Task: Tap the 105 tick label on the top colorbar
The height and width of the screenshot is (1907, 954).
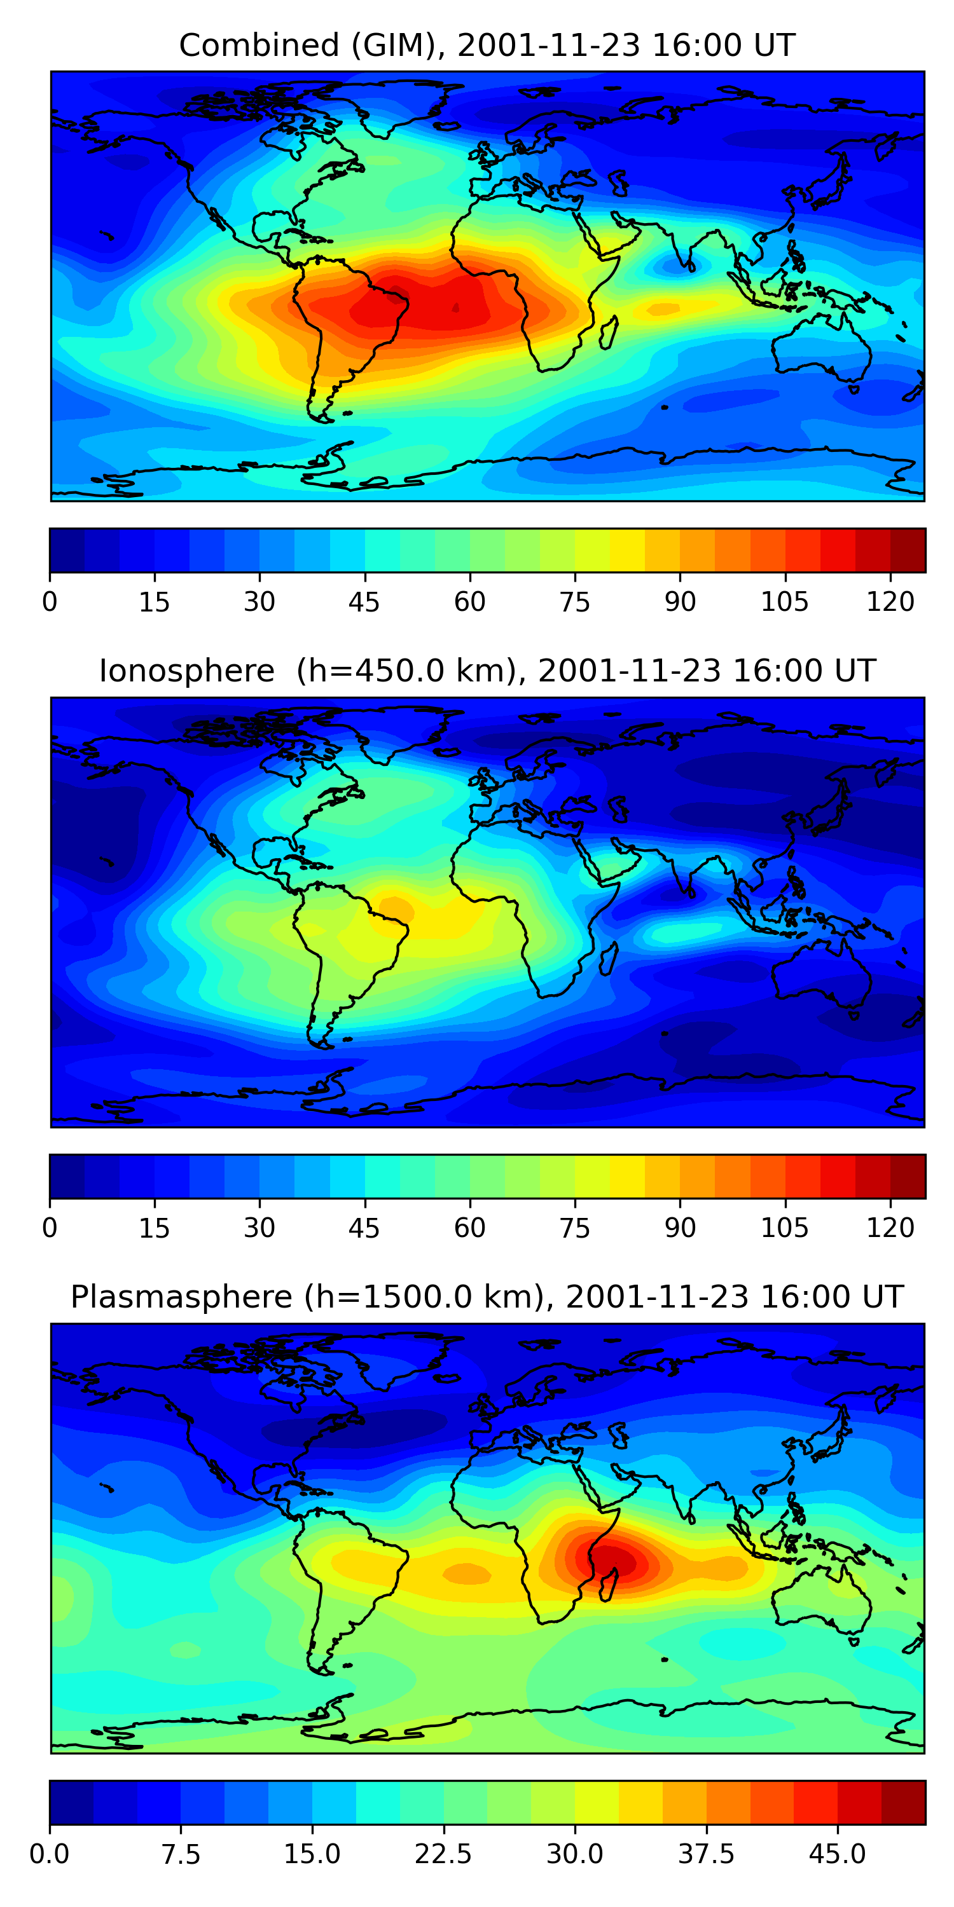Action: click(784, 602)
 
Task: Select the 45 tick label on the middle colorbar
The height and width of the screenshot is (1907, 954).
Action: click(364, 1227)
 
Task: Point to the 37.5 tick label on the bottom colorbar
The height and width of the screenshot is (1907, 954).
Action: click(706, 1854)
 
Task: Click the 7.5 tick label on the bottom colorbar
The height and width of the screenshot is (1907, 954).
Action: click(181, 1854)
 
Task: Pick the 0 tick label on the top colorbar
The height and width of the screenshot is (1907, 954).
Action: click(50, 602)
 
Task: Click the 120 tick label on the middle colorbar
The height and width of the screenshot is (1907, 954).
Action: click(890, 1227)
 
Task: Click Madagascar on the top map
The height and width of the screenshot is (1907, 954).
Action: click(609, 333)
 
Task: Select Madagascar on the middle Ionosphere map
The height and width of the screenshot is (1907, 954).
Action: click(609, 959)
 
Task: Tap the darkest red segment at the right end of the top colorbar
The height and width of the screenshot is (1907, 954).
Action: click(908, 550)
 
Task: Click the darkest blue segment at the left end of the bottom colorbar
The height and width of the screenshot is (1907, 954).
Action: click(71, 1802)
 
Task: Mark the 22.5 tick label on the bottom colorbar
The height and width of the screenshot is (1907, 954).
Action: click(443, 1854)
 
